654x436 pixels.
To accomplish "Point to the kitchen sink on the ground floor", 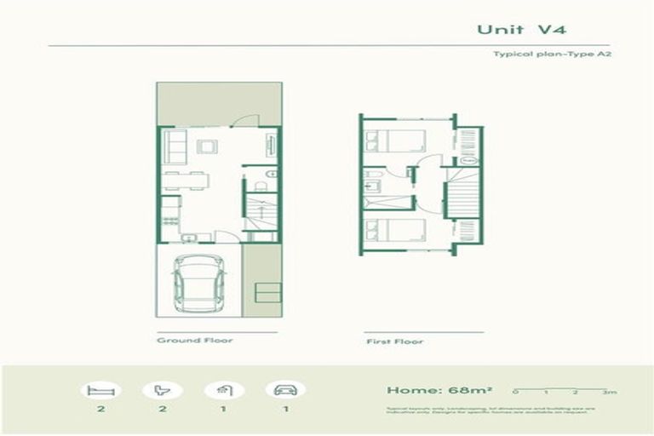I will [193, 237].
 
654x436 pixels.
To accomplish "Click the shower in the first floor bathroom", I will [389, 203].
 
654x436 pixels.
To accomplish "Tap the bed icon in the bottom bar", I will [100, 391].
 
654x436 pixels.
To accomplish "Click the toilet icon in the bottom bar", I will [163, 391].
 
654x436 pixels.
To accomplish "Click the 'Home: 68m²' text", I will [427, 391].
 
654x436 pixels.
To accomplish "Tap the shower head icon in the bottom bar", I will [225, 391].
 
